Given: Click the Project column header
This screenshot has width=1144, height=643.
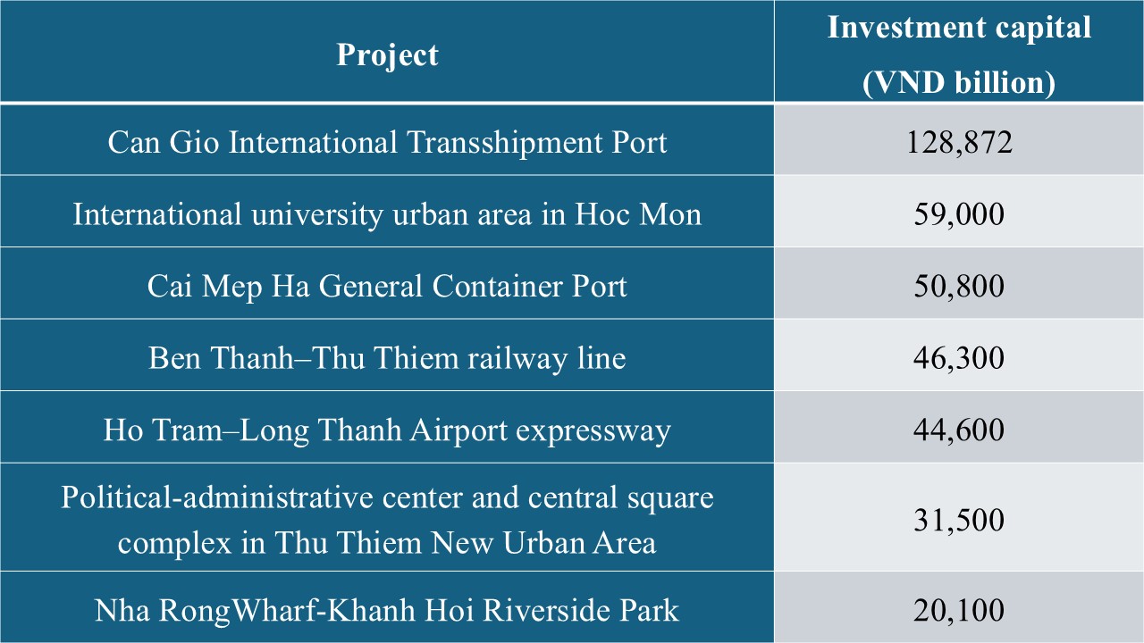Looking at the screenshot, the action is [387, 54].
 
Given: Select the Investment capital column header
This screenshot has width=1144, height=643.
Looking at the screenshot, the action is [959, 54].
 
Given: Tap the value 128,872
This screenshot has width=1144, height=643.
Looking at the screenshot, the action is [959, 142].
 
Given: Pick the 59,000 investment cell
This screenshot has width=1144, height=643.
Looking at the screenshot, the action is [959, 213].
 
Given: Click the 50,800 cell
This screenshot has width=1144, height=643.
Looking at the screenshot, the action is [959, 286].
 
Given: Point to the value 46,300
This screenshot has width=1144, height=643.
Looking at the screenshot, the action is [959, 358].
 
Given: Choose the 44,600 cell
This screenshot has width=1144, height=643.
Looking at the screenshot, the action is [959, 430].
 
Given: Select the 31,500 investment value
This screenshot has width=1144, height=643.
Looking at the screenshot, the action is [959, 520].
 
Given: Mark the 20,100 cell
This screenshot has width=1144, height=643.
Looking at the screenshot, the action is [959, 610].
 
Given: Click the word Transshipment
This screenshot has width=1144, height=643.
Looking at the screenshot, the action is [505, 143].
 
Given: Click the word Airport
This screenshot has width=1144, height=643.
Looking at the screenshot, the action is [458, 430].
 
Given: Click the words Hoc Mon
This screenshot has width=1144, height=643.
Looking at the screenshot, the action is [638, 214].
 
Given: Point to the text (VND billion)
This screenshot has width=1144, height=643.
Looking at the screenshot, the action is [959, 83].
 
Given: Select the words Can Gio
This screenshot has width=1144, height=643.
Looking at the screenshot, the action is [164, 142].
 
